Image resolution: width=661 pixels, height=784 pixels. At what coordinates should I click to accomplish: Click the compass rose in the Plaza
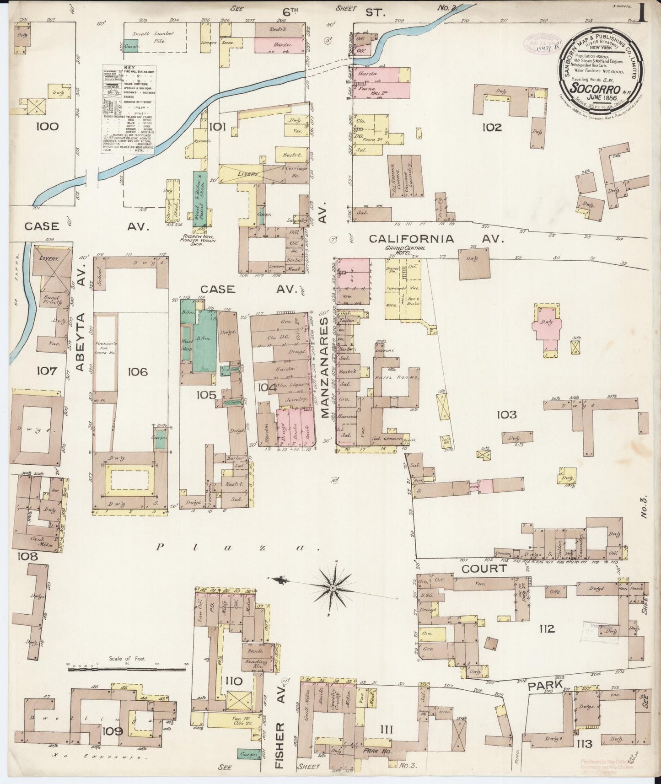coord(333,586)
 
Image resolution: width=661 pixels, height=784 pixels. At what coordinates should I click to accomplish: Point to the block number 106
coord(138,372)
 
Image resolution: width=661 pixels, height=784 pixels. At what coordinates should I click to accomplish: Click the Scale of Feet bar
coord(128,669)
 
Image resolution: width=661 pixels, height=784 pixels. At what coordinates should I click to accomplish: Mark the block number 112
coord(547,628)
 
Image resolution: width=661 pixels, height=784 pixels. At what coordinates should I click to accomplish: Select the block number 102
coord(492,128)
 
